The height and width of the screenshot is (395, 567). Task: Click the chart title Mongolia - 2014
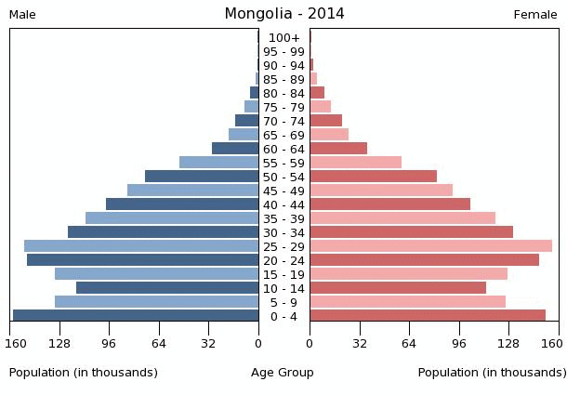[283, 14]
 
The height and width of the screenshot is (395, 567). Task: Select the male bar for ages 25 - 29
[141, 246]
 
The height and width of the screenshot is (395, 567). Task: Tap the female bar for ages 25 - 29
[430, 246]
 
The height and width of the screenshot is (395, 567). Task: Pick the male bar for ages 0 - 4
[136, 316]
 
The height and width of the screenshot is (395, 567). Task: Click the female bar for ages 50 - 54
[373, 177]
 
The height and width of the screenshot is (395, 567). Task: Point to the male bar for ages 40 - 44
[182, 204]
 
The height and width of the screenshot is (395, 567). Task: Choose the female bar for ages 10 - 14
[398, 288]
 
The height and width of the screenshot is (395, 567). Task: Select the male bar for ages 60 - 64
[235, 149]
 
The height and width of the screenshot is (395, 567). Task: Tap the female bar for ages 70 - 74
[325, 121]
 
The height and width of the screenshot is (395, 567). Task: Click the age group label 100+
[283, 38]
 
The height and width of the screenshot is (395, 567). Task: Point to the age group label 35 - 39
[283, 218]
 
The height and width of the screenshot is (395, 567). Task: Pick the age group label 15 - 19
[283, 274]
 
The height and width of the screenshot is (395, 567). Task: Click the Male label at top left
[22, 15]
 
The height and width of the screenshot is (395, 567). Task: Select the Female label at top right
[535, 15]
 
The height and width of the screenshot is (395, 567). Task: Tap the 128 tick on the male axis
[59, 343]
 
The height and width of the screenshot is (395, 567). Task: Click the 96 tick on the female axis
[459, 343]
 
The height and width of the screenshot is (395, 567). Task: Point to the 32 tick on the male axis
[209, 343]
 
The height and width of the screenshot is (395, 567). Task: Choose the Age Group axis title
[283, 373]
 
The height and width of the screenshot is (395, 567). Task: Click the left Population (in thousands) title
[84, 373]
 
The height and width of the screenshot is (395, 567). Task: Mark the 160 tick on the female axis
[551, 343]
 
